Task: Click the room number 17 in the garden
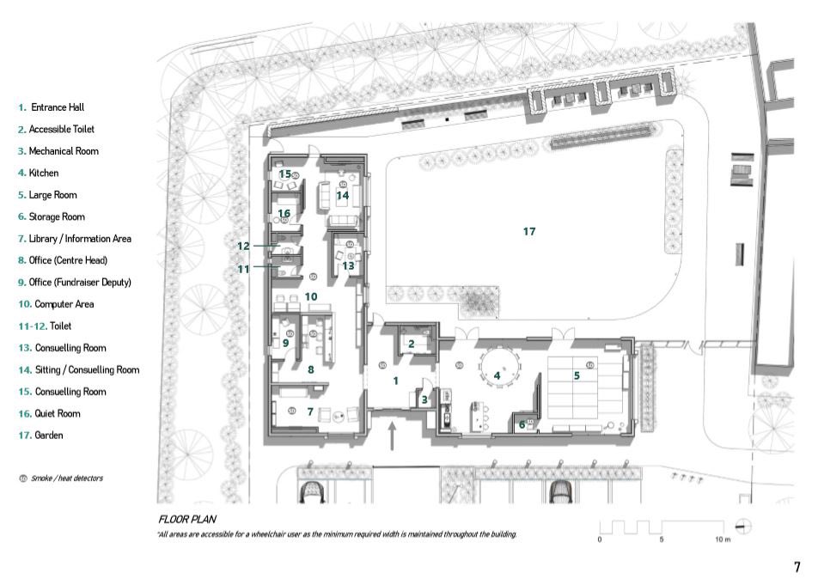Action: [529, 231]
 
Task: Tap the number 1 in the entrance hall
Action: [395, 381]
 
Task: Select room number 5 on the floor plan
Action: [577, 375]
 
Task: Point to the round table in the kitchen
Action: [500, 367]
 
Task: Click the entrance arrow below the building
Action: [392, 436]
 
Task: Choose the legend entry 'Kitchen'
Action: [43, 173]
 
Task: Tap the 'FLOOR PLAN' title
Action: [187, 519]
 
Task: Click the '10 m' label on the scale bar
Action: [723, 539]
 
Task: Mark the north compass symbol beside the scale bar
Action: [744, 526]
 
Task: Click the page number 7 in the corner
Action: [797, 567]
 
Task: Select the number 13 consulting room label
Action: [348, 266]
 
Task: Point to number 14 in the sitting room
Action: [342, 195]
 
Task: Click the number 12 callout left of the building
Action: [243, 246]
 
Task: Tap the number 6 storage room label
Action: [522, 425]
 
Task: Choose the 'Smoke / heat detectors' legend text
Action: [67, 478]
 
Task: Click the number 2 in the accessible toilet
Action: [411, 344]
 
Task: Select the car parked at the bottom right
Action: [561, 491]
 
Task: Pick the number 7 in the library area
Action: [310, 411]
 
